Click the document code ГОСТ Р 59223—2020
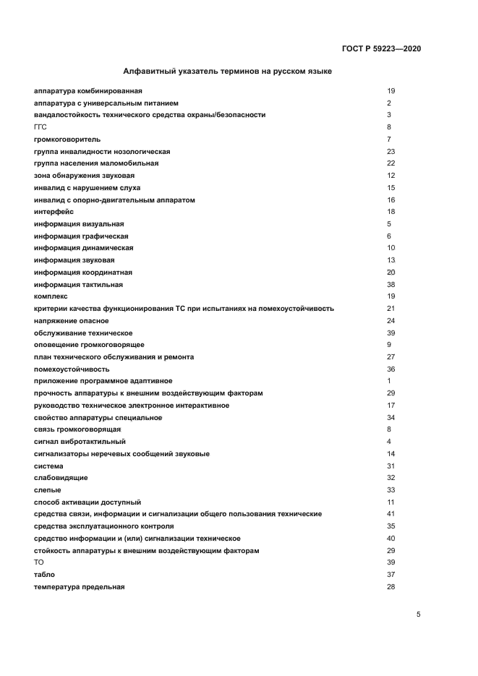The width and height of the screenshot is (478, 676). [x=381, y=49]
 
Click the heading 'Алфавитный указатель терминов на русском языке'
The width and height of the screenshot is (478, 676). [x=228, y=72]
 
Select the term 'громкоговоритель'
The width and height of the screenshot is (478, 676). [x=67, y=139]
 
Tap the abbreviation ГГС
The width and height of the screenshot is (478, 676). [x=40, y=127]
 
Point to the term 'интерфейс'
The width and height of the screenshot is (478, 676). [x=54, y=212]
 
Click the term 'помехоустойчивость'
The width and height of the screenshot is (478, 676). [x=72, y=369]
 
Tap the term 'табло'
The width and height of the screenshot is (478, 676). [x=45, y=575]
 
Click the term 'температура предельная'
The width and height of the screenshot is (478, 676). [x=80, y=587]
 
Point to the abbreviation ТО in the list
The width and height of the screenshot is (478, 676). [x=39, y=562]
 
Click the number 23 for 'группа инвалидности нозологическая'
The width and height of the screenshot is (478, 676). [x=390, y=151]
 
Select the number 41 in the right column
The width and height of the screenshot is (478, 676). [x=390, y=514]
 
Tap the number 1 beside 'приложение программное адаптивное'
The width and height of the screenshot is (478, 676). [x=389, y=381]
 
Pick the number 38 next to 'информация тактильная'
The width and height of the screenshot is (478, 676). [x=390, y=284]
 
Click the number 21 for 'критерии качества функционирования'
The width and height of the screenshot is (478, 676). [x=390, y=309]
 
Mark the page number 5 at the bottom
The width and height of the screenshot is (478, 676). [x=418, y=614]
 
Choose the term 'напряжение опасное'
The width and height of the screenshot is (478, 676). [x=72, y=320]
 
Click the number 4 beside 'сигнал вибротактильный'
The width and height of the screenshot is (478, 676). [x=389, y=442]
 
